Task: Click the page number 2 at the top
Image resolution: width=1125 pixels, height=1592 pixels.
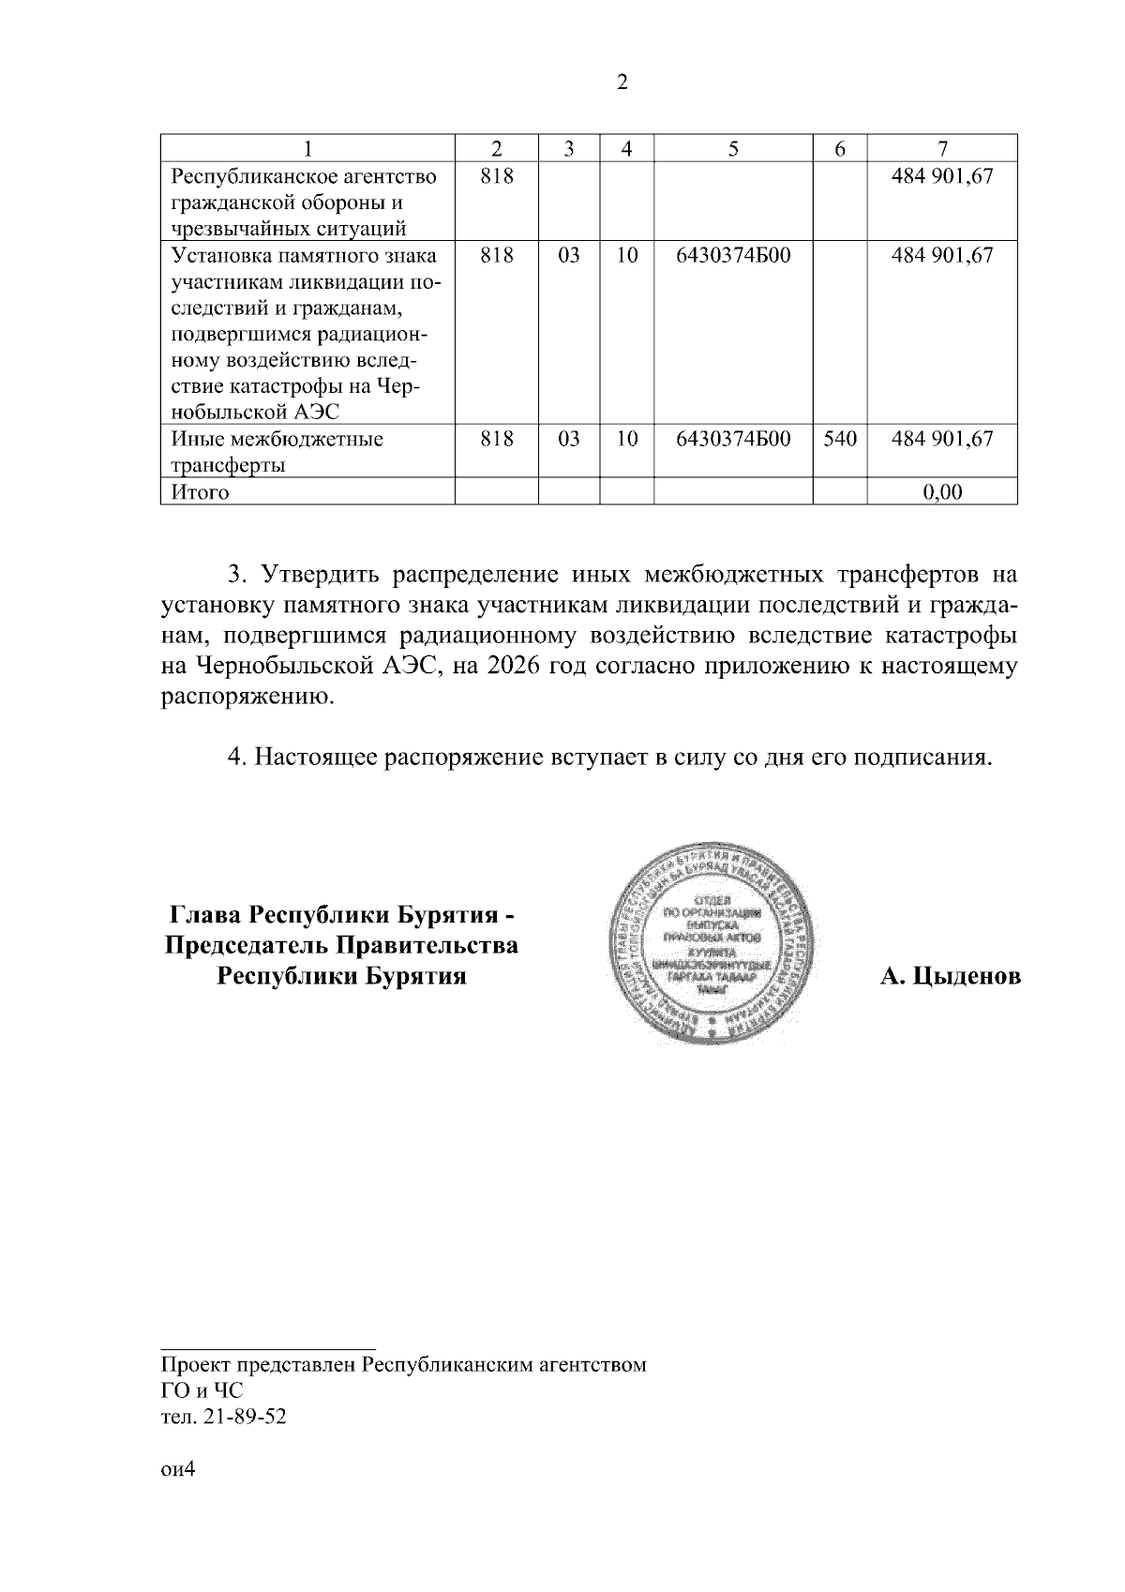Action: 622,83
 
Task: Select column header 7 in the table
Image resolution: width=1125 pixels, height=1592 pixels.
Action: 942,148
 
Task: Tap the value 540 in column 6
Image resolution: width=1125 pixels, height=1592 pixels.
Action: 839,438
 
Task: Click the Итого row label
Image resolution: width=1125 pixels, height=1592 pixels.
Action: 200,491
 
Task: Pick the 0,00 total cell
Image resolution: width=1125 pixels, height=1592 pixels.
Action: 942,491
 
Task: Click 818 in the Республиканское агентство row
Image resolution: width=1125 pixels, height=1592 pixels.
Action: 496,175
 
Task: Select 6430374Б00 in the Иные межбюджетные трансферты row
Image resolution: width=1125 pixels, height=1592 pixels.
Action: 732,438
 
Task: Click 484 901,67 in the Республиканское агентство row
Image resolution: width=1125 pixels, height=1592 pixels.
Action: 942,175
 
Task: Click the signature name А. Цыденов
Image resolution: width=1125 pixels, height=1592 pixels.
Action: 950,977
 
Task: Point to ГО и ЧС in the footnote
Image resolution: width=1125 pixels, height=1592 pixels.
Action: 202,1391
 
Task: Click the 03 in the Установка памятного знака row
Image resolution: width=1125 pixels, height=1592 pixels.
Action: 568,255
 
